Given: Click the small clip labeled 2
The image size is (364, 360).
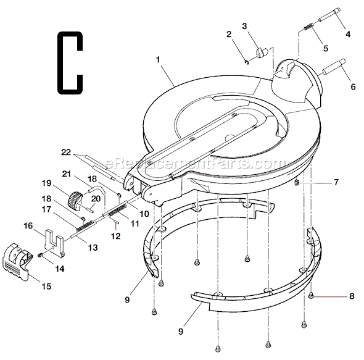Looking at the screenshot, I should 246,61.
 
